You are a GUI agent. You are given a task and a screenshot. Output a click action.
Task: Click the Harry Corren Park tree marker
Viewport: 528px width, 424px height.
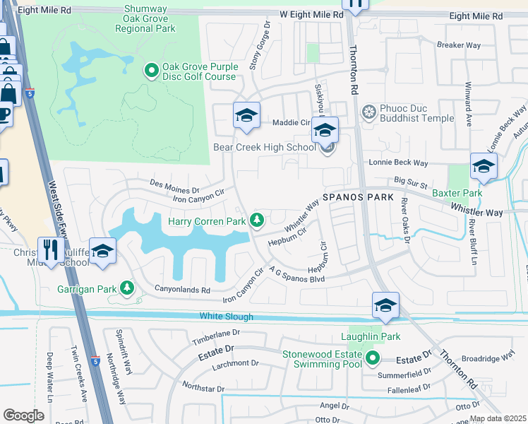click(x=258, y=221)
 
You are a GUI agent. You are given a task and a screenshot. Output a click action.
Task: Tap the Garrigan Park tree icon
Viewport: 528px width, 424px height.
click(x=127, y=288)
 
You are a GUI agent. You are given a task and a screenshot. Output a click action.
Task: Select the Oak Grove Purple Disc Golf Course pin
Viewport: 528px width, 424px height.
click(x=151, y=71)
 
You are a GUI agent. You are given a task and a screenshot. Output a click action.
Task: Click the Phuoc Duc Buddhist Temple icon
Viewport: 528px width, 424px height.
click(x=368, y=112)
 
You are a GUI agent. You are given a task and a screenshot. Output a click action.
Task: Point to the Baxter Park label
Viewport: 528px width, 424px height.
click(x=457, y=193)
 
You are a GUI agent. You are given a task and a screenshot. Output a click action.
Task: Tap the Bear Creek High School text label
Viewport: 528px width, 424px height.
click(x=265, y=148)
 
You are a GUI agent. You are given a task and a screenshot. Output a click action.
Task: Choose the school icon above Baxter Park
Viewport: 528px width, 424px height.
click(x=484, y=167)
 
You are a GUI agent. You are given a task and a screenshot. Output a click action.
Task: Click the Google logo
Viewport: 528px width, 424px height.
click(x=24, y=415)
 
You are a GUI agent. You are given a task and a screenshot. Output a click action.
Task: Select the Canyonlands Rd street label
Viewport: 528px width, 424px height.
click(x=182, y=290)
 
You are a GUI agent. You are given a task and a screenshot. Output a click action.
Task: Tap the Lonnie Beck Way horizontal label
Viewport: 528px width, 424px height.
click(x=399, y=163)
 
